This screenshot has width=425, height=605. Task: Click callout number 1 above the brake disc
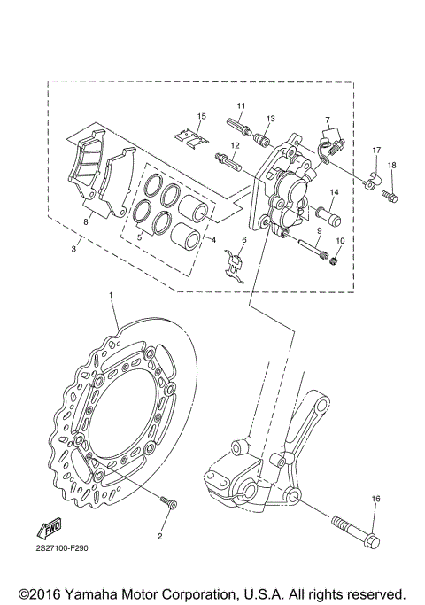point(112,293)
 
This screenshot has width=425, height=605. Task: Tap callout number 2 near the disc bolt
point(160,536)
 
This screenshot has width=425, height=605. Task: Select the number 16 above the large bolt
point(375,500)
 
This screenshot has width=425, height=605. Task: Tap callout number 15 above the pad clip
point(201,116)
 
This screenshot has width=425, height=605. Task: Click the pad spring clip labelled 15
point(193,135)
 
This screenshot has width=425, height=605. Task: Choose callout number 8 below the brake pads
point(86,221)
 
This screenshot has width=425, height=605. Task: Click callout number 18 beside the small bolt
point(391,165)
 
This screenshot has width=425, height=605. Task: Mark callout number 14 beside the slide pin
point(335,192)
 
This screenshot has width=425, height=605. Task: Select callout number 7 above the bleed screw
point(327,120)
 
